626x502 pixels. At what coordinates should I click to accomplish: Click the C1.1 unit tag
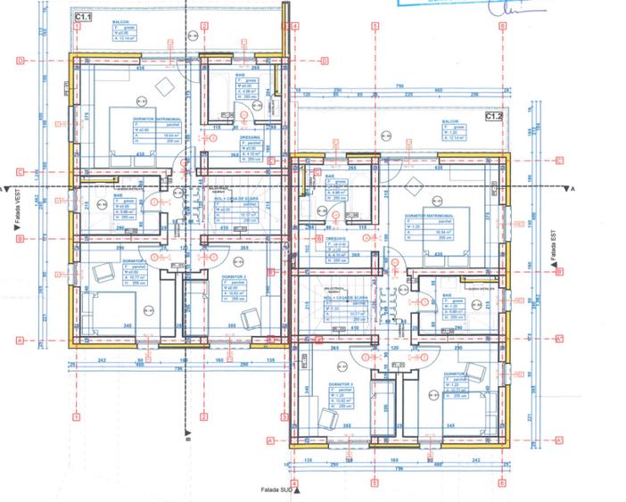82,17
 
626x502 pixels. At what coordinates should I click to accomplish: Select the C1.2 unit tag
493,117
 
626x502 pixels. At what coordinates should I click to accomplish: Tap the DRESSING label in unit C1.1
248,138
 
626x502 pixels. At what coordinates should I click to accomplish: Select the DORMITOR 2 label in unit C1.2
341,384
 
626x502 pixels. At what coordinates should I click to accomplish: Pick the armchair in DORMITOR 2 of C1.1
252,314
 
